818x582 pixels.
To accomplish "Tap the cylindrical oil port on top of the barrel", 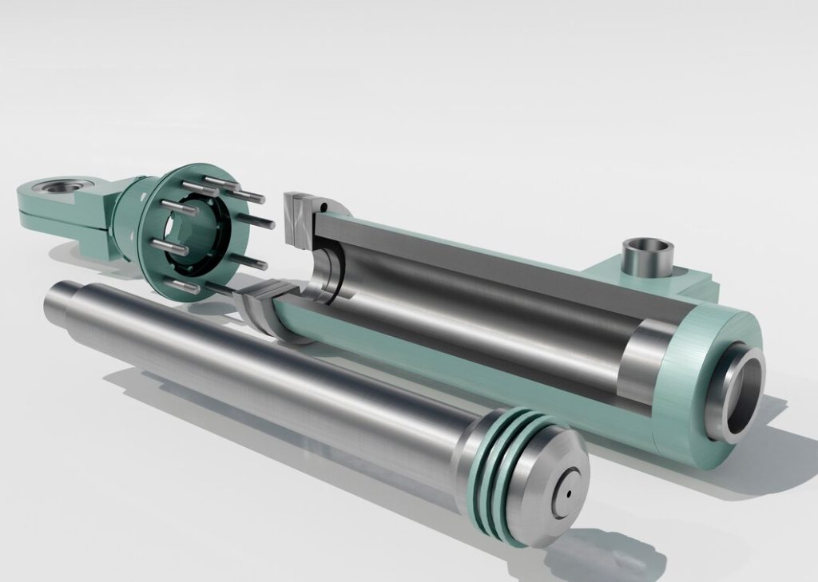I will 647,255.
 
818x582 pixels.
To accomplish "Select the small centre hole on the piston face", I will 569,493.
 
